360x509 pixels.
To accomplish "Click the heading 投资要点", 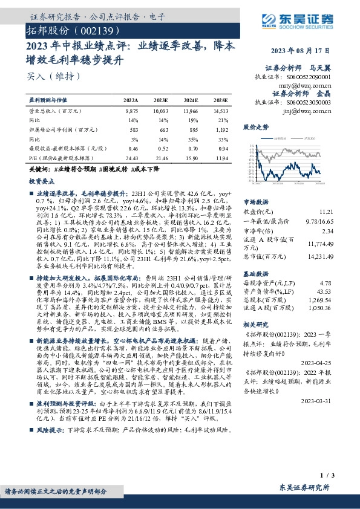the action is (x=42, y=181).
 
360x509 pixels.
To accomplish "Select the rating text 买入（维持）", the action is (x=54, y=77).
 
